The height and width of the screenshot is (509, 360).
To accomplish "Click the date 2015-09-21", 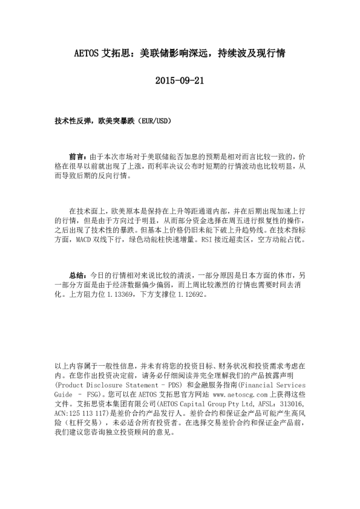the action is pos(180,80).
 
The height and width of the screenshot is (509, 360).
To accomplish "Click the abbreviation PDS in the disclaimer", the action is pos(171,384).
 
